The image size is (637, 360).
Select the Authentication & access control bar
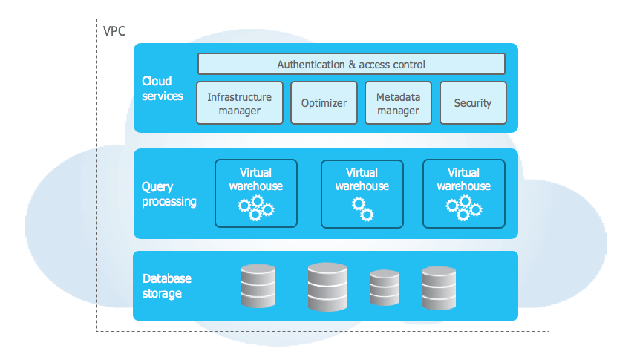click(x=351, y=64)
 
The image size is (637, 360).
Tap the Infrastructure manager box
click(x=240, y=103)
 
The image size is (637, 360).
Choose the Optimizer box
click(x=324, y=103)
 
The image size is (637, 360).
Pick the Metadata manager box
click(x=398, y=103)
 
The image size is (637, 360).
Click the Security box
click(x=473, y=103)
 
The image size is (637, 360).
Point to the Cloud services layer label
click(x=162, y=88)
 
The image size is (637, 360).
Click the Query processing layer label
click(x=169, y=194)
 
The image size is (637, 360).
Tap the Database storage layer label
click(x=166, y=286)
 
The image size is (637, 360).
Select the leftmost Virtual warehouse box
click(x=255, y=193)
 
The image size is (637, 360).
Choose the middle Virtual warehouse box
click(x=362, y=193)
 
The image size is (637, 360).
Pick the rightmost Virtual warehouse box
click(x=463, y=193)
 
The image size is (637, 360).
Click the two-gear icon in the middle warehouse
click(x=362, y=209)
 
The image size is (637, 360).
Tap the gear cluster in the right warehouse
click(x=464, y=208)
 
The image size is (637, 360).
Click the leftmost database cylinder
click(x=258, y=286)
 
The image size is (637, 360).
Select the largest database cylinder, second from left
click(x=327, y=286)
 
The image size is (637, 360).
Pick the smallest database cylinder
click(x=385, y=288)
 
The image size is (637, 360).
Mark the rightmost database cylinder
click(x=438, y=287)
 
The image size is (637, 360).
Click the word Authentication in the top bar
click(x=311, y=65)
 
